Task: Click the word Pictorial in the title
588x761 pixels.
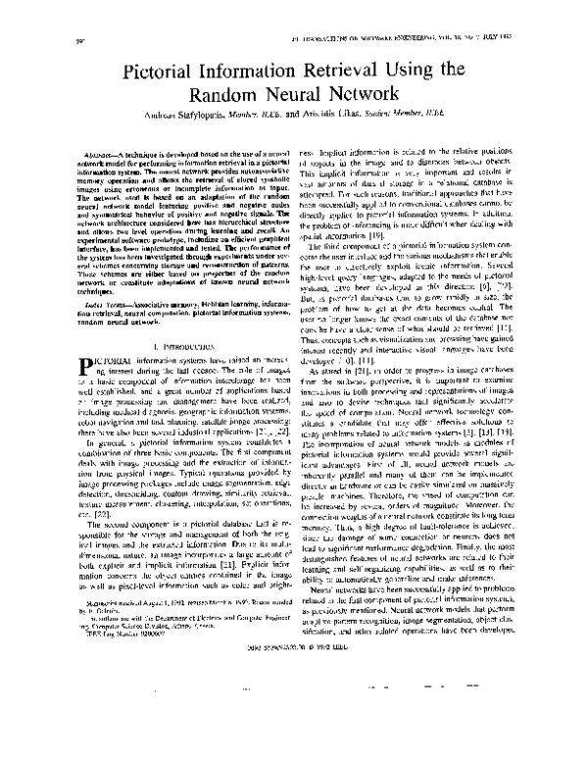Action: point(166,72)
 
